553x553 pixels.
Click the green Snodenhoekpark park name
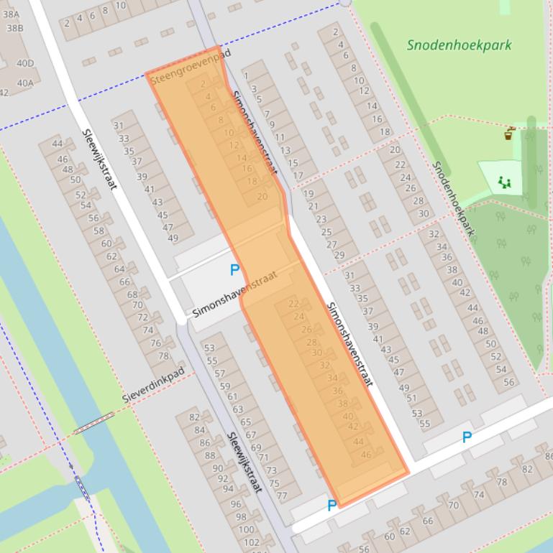(x=459, y=45)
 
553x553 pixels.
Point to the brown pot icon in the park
(x=510, y=134)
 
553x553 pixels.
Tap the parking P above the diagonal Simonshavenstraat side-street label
(x=234, y=270)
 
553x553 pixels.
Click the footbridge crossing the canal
(x=93, y=422)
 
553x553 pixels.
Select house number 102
(x=252, y=542)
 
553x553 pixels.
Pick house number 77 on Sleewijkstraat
(x=281, y=496)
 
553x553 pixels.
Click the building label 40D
(x=25, y=63)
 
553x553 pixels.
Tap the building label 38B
(x=14, y=29)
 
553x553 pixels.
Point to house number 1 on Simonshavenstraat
(x=246, y=75)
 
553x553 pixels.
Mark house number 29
(x=339, y=255)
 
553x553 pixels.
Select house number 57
(x=220, y=373)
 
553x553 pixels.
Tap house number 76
(x=155, y=343)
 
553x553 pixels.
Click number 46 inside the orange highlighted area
(x=366, y=454)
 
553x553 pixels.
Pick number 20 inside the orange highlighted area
(x=262, y=196)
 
